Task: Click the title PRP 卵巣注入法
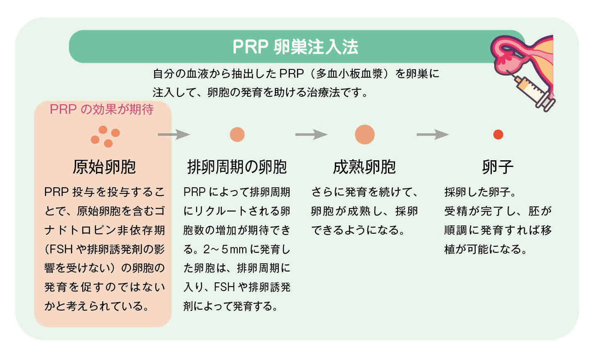(x=295, y=47)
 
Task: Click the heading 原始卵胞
(x=104, y=167)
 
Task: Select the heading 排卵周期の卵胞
(x=237, y=167)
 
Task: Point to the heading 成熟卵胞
(x=364, y=167)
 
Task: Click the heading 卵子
(x=498, y=167)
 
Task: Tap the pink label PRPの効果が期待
(x=102, y=109)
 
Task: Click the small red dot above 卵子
(x=498, y=135)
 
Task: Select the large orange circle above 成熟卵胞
(x=365, y=135)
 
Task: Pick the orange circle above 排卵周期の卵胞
(x=237, y=135)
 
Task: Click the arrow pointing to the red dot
(x=432, y=135)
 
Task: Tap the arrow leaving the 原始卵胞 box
(x=174, y=135)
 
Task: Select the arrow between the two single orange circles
(x=311, y=135)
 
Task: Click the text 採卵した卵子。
(x=480, y=192)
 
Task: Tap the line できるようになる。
(x=358, y=230)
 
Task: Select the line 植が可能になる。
(x=486, y=249)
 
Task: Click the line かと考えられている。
(x=97, y=306)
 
